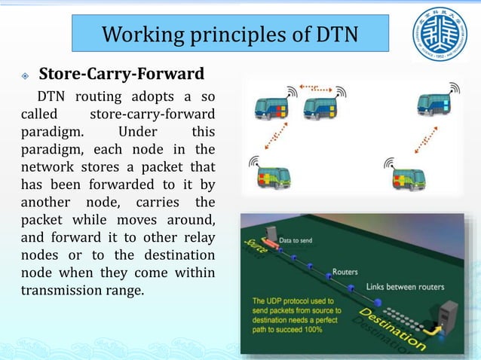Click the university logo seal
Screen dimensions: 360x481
click(x=440, y=35)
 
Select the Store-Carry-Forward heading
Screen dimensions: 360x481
click(x=121, y=75)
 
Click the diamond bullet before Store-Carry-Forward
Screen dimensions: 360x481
click(x=25, y=75)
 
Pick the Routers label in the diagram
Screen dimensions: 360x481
click(x=345, y=271)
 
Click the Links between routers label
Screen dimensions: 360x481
click(x=405, y=286)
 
